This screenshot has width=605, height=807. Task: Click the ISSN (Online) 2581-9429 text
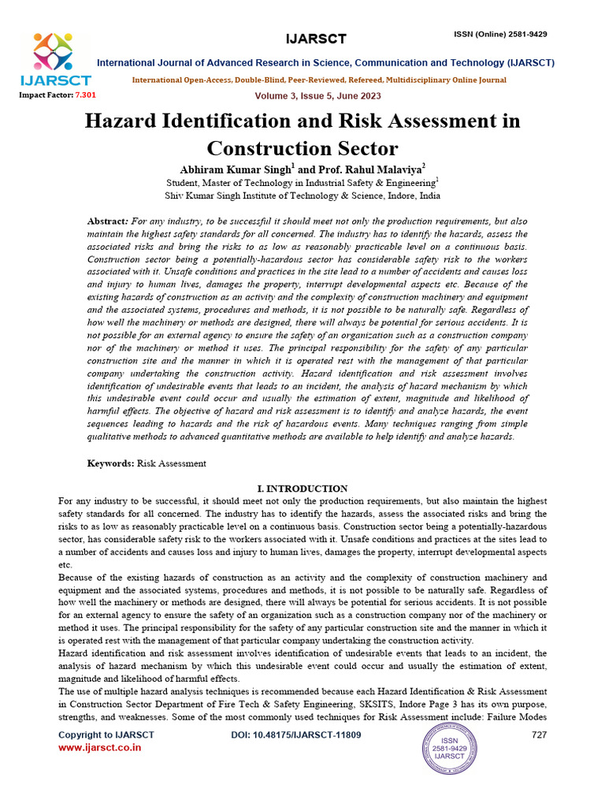(500, 35)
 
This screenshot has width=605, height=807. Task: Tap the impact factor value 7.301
(85, 95)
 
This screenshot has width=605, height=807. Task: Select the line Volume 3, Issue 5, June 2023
(317, 96)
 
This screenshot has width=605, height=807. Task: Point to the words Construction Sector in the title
(302, 148)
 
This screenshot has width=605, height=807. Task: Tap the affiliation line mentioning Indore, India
(302, 196)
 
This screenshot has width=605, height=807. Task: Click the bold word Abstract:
(107, 222)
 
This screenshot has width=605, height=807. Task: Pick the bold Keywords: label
(110, 464)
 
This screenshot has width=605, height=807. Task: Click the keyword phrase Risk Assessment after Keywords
(172, 464)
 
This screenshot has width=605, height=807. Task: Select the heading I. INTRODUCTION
(302, 489)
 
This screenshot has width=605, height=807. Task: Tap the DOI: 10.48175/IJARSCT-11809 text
(296, 734)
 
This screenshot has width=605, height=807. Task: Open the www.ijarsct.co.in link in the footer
(100, 747)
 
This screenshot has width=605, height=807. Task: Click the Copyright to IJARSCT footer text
(106, 734)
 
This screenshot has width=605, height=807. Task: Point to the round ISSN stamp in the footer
(450, 749)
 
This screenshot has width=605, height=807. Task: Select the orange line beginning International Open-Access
(319, 80)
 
